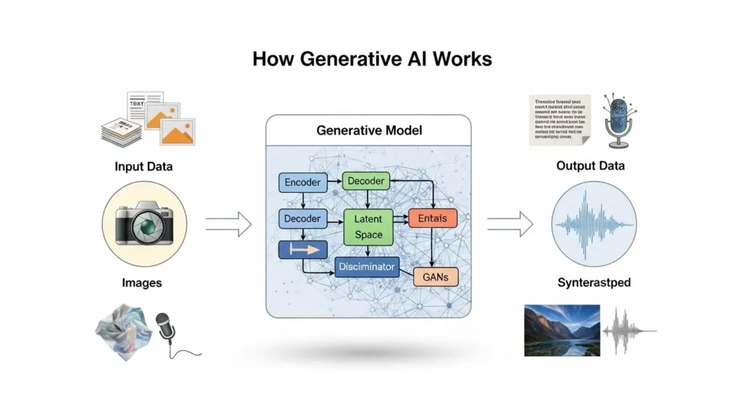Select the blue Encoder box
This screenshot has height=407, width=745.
[301, 183]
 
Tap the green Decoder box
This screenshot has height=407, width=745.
[366, 181]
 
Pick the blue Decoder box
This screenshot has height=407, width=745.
[301, 218]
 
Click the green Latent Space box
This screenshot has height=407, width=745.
[368, 226]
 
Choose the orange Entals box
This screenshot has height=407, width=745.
[433, 218]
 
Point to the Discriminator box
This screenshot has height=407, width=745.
[367, 267]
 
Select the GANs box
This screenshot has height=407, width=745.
[436, 277]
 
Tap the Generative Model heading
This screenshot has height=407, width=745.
[369, 131]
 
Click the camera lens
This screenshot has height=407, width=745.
[148, 226]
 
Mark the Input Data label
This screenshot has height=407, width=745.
[143, 167]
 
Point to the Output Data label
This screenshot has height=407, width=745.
[590, 166]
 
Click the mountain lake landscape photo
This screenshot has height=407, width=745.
[562, 330]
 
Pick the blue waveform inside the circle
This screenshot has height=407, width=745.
[594, 221]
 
